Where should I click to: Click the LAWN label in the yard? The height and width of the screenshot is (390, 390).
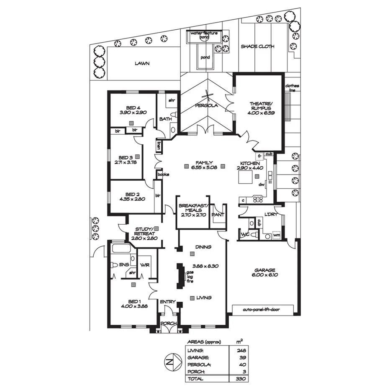click(x=142, y=64)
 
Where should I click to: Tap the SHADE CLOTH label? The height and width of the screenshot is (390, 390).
click(x=257, y=46)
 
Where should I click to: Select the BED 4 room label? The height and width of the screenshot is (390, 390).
click(x=133, y=108)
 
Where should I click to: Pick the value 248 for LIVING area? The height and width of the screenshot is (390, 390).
click(x=241, y=350)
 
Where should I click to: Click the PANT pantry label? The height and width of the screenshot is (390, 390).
click(x=218, y=215)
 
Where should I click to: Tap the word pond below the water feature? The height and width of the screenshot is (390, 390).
click(x=205, y=57)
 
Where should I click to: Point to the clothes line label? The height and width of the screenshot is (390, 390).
click(x=292, y=88)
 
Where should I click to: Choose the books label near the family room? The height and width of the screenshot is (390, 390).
click(x=163, y=174)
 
